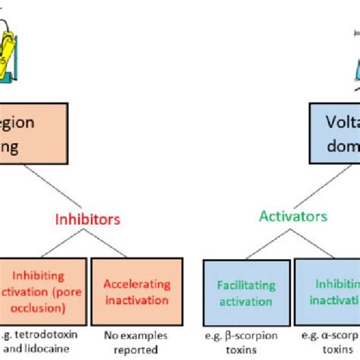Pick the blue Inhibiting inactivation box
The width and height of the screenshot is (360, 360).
click(x=327, y=292)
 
